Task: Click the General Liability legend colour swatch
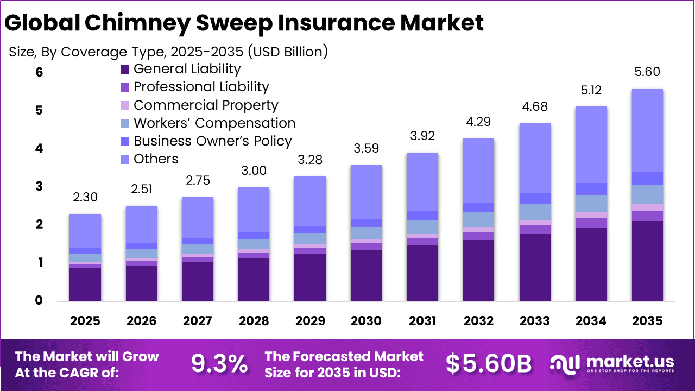tap(125, 70)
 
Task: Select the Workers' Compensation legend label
tap(214, 123)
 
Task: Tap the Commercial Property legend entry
tap(206, 105)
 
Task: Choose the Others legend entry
tap(156, 159)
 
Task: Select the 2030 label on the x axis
tap(367, 321)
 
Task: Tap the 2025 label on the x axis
tap(85, 321)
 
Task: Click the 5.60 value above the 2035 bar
tap(647, 72)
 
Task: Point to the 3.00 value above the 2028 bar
tap(254, 171)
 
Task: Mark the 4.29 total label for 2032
tap(479, 122)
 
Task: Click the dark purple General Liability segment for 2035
tap(647, 261)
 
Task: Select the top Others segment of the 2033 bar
tap(535, 158)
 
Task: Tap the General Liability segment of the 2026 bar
tap(141, 283)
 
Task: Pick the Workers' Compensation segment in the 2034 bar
tap(591, 204)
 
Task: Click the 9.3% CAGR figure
tap(219, 364)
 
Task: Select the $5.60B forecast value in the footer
tap(489, 364)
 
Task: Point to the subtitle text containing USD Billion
tap(168, 52)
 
